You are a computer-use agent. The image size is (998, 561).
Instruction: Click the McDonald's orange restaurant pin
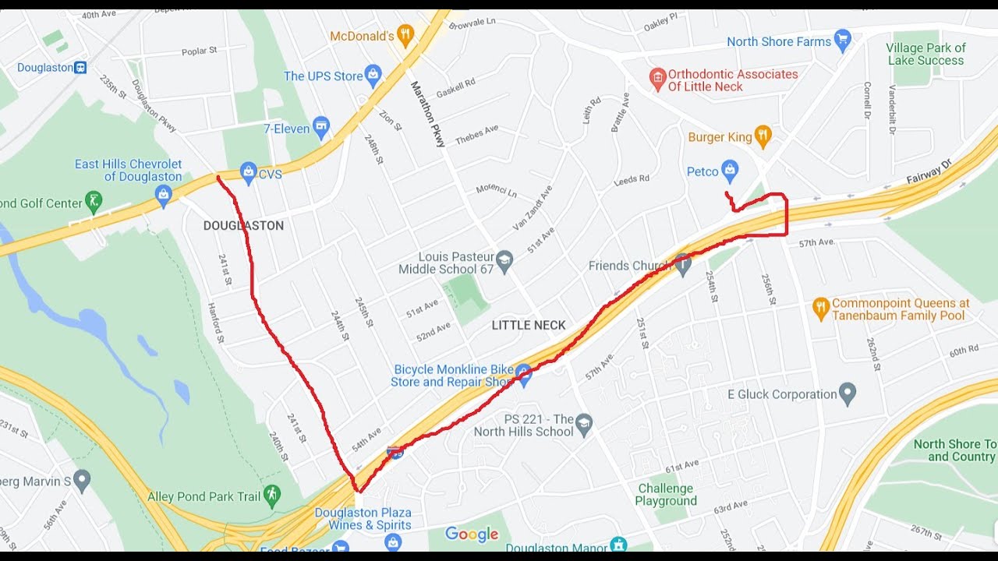tap(405, 35)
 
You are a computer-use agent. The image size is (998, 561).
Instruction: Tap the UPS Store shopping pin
tap(373, 76)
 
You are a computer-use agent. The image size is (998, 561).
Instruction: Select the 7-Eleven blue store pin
tap(320, 128)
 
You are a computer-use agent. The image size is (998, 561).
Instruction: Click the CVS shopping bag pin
tap(249, 173)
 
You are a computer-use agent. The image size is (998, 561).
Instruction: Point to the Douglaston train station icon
tap(80, 68)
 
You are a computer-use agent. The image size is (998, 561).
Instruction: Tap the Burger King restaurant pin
tap(763, 137)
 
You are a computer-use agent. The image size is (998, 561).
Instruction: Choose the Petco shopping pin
tap(730, 170)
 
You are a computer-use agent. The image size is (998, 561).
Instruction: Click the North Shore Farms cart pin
tap(842, 41)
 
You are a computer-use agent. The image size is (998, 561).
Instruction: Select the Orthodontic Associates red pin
tap(657, 79)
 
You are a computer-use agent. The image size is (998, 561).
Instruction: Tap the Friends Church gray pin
tap(683, 265)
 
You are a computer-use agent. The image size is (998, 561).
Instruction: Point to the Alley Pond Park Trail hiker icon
tap(271, 494)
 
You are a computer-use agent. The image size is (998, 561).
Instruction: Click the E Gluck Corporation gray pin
tap(848, 393)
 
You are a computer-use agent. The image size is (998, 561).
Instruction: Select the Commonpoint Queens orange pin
tap(820, 309)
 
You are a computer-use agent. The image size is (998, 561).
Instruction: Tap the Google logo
tap(472, 535)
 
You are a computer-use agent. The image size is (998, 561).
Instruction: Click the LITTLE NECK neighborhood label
tap(529, 326)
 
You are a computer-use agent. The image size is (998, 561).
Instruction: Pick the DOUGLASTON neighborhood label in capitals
tap(243, 226)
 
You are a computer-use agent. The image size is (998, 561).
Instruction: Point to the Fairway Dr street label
tap(929, 172)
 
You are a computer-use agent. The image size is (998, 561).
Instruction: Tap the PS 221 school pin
tap(584, 425)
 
